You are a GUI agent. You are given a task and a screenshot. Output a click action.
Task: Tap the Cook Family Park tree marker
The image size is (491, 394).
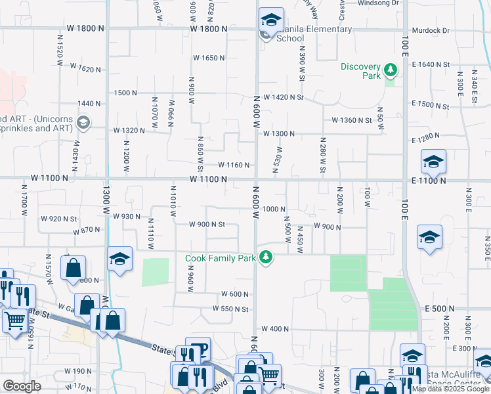point(266,257)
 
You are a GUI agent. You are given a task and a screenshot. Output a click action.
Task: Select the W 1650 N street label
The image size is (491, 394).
point(209,58)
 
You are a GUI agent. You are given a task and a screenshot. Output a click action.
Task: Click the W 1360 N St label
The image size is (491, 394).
point(352,120)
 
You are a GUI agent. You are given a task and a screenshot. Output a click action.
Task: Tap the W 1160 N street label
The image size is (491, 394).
point(234,165)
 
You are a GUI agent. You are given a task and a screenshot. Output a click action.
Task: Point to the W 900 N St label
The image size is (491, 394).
point(207,224)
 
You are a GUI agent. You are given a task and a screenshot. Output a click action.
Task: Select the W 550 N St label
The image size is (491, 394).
point(230,309)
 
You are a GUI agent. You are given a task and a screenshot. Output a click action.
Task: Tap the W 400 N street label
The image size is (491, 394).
point(275,328)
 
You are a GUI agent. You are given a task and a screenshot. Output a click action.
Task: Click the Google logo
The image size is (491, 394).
point(22,386)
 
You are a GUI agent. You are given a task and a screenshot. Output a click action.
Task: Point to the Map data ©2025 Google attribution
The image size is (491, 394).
point(451,389)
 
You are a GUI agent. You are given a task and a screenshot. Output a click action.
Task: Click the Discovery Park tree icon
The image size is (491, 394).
point(391,69)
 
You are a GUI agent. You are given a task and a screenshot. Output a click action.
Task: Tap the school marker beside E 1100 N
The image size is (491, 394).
point(433,162)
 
